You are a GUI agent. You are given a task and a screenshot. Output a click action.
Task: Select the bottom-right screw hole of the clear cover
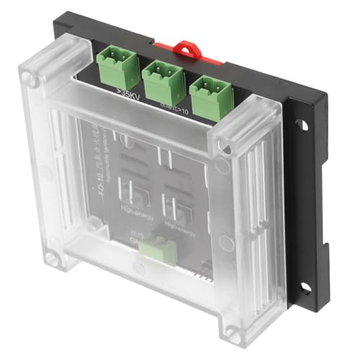click(x=232, y=330)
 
